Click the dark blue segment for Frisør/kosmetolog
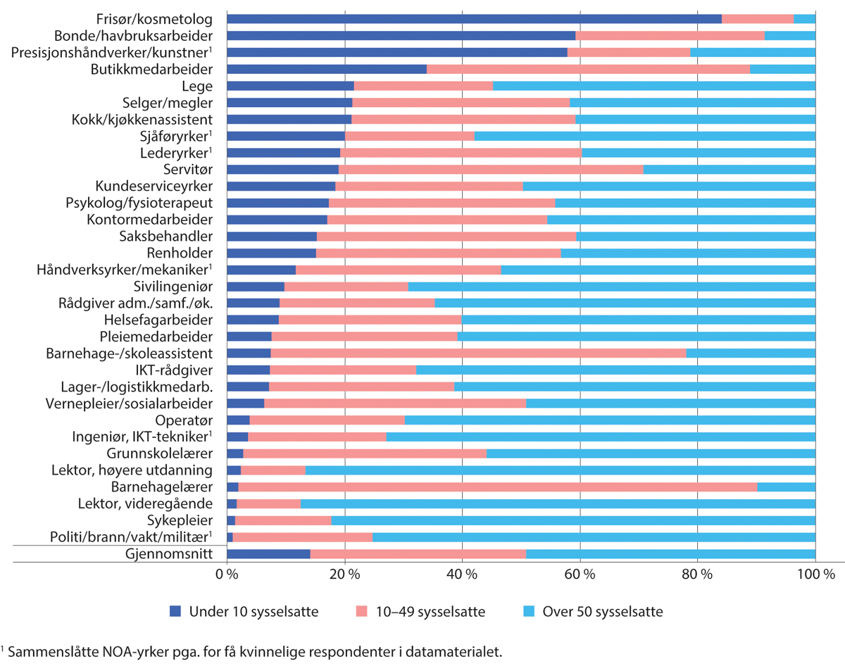point(474,18)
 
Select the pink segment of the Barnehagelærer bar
point(497,487)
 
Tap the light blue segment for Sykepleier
point(573,520)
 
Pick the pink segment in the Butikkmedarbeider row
point(588,69)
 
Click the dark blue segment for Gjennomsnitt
point(268,554)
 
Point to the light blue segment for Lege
point(653,86)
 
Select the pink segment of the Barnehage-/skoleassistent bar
point(478,353)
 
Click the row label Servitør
point(190,170)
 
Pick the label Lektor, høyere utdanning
point(132,470)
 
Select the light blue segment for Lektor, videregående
point(558,503)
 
